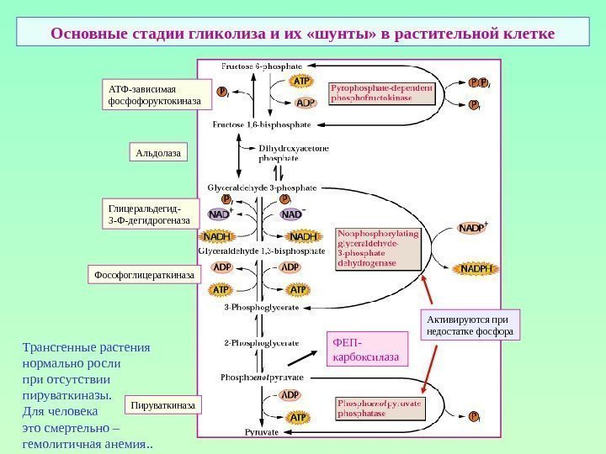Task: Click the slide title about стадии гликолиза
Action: [302, 34]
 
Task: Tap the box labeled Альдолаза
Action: [158, 152]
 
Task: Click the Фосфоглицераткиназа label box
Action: [144, 274]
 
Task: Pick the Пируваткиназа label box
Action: [164, 406]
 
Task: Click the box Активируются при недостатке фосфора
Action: [469, 325]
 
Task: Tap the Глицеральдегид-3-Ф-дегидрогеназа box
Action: [148, 214]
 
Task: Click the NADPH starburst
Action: [476, 268]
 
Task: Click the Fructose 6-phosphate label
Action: [262, 66]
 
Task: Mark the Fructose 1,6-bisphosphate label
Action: [262, 124]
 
